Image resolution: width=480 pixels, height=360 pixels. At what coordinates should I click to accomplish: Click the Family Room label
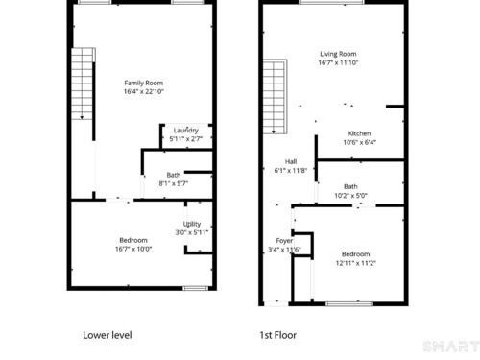tap(144, 83)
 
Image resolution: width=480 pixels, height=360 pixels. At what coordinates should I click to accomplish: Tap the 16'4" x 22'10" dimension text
tap(144, 91)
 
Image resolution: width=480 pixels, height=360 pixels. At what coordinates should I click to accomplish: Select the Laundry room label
tap(186, 131)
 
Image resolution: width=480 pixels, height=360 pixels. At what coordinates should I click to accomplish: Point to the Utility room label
tap(192, 224)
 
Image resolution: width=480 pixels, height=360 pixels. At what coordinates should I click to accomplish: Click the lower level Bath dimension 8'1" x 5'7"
tap(174, 183)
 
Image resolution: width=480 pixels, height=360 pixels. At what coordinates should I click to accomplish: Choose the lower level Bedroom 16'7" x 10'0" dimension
tap(133, 249)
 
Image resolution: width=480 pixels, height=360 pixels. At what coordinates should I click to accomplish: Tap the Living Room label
tap(338, 54)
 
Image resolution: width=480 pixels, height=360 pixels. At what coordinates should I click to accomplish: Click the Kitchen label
tap(359, 133)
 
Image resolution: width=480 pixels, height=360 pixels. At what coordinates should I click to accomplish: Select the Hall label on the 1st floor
tap(291, 161)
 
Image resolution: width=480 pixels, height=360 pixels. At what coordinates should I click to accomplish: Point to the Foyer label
tap(284, 241)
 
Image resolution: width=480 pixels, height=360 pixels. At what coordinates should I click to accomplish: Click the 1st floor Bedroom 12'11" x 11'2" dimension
tap(356, 263)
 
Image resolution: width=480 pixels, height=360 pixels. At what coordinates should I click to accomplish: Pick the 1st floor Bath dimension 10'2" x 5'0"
tap(350, 195)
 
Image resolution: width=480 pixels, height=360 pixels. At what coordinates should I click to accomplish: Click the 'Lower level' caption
tap(108, 335)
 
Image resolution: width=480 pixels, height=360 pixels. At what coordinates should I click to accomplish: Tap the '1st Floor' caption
tap(278, 335)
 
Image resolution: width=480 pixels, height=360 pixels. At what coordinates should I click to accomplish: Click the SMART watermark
tap(451, 347)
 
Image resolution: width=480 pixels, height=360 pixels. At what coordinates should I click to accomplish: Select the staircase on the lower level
tap(83, 84)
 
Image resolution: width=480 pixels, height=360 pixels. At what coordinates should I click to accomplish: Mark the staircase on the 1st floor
tap(275, 96)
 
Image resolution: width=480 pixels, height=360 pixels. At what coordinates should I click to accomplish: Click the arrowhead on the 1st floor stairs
tap(274, 132)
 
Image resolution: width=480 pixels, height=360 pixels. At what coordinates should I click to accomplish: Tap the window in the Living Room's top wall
tap(332, 2)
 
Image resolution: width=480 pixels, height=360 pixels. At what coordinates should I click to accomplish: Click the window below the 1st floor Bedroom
tap(349, 303)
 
